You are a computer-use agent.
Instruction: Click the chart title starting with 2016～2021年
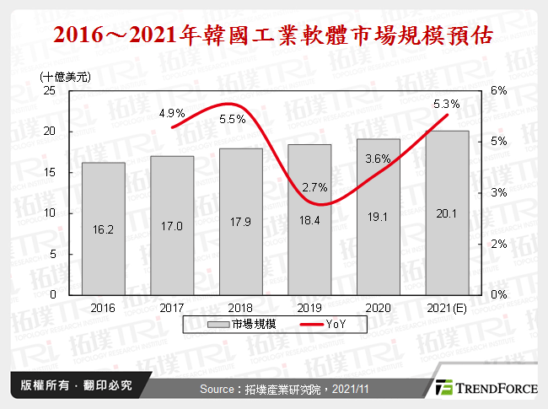click(274, 36)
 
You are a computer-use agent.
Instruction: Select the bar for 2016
click(103, 228)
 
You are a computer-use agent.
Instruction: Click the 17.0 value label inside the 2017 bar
click(171, 227)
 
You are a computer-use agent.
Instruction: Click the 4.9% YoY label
click(171, 113)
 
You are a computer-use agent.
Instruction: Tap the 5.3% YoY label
click(446, 105)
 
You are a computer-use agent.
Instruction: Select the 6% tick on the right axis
click(499, 90)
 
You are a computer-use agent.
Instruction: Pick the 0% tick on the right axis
click(499, 295)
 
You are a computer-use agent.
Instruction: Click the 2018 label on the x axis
click(240, 309)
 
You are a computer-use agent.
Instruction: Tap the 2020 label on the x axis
click(378, 309)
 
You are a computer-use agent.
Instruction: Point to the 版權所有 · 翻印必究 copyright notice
click(71, 386)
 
